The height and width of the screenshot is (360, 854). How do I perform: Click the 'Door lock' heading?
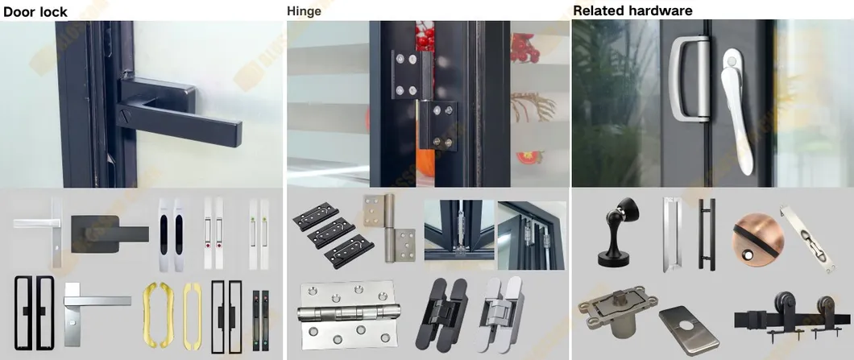35,12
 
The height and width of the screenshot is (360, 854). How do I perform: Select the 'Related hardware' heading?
632,11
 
